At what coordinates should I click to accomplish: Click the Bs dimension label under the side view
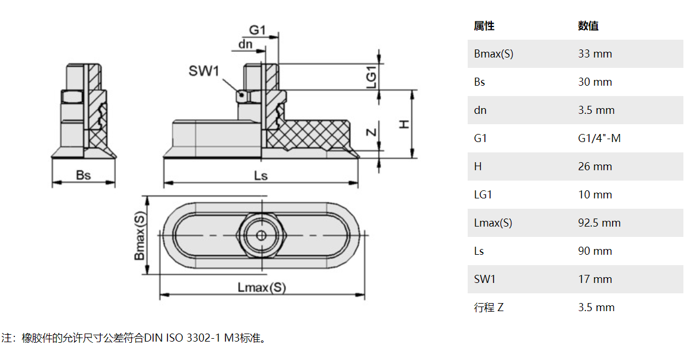coord(83,175)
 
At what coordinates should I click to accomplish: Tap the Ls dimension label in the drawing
coord(261,175)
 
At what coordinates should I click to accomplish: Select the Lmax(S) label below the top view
coord(262,287)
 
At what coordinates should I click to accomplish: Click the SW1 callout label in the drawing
coord(204,71)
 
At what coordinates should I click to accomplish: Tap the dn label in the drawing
coord(245,44)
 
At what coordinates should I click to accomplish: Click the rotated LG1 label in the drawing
coord(372,76)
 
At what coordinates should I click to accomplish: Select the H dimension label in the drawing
coord(404,124)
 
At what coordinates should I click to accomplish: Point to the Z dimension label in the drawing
coord(372,132)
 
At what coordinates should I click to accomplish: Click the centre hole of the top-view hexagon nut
coord(261,235)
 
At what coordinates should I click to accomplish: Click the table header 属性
coord(484,26)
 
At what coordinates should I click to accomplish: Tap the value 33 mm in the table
coord(595,54)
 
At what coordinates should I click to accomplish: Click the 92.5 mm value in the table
coord(599,223)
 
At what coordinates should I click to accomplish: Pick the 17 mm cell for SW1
coord(595,279)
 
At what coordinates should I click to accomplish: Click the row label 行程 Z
coord(488,308)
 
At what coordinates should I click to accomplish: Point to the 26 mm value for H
coord(595,167)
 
